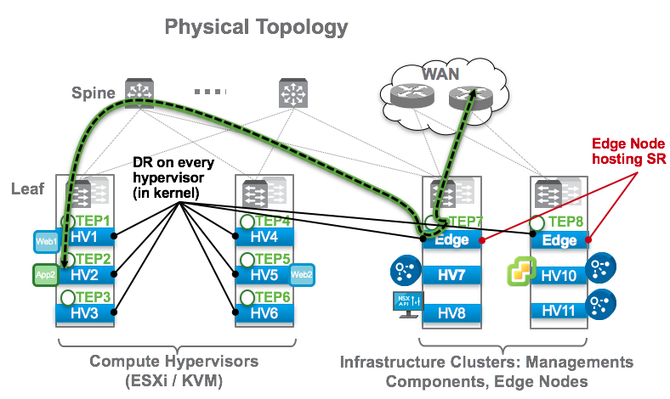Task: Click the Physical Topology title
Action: point(256,26)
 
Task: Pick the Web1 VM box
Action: point(45,241)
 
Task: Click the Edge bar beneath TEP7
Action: point(451,240)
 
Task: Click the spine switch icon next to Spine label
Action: point(134,91)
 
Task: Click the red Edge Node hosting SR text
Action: point(627,150)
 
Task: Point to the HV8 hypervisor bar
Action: point(451,312)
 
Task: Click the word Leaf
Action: point(27,188)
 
